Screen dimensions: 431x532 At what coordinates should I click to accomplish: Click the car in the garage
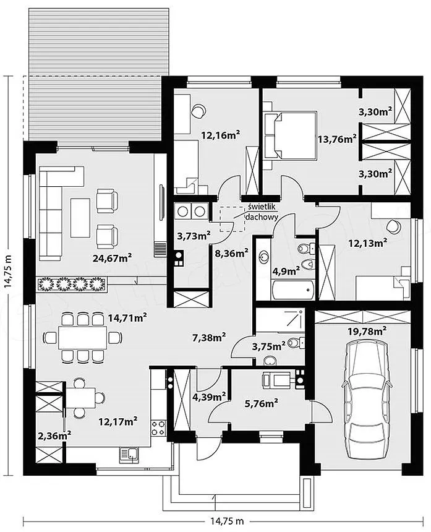pos(365,401)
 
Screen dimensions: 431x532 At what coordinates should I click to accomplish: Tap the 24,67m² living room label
pos(113,258)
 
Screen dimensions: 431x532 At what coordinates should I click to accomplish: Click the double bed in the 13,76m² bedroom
pos(291,135)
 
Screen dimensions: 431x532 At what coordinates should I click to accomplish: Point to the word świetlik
pos(263,206)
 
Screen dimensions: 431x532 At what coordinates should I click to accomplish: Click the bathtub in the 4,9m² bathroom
pos(292,290)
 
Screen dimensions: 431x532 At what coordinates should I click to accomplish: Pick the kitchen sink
pos(129,455)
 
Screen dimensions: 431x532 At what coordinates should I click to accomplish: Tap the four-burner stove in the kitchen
pos(158,428)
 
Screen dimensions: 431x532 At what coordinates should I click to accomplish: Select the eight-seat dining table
pos(83,337)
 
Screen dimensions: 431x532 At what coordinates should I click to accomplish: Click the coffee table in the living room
pos(80,218)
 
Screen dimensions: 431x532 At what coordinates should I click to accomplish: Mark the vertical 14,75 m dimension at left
pos(8,272)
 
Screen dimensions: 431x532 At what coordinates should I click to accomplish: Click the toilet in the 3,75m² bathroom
pos(296,343)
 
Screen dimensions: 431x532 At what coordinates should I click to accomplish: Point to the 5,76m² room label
pos(262,403)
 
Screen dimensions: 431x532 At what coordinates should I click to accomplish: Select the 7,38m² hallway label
pos(209,337)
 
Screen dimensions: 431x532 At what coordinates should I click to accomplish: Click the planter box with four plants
pos(72,284)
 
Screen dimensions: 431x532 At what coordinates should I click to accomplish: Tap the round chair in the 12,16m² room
pos(198,110)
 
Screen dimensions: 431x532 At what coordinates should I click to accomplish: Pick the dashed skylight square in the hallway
pos(232,219)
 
